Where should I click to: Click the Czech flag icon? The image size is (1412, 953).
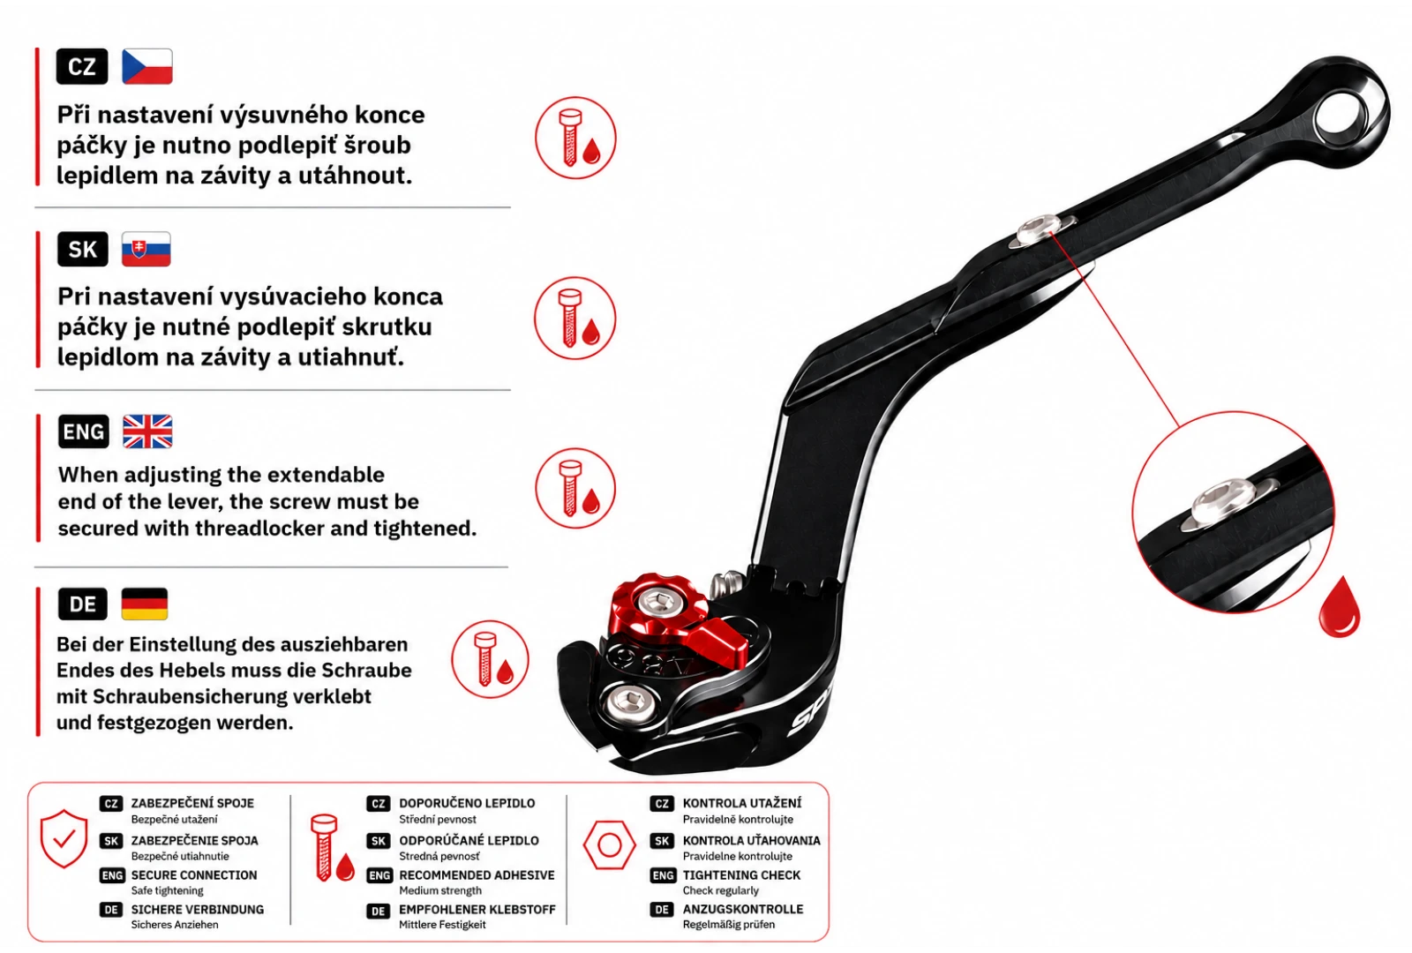coord(146,66)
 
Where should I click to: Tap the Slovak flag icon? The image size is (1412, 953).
coord(146,249)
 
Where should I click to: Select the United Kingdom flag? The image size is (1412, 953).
coord(147,431)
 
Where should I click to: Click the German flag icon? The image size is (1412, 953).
coord(145,604)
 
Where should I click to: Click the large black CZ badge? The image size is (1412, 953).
coord(82,66)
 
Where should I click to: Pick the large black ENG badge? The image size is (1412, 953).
coord(83,431)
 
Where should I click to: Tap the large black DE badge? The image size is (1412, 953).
coord(83,604)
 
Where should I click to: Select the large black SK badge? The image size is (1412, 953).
coord(83,249)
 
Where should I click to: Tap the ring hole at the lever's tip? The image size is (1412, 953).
coord(1341,114)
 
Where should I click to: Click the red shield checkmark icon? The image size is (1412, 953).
coord(64,838)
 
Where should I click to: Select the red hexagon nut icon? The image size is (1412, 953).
coord(609,844)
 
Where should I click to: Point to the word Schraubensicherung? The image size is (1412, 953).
coord(232,696)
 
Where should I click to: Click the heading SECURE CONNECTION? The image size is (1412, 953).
coord(194,874)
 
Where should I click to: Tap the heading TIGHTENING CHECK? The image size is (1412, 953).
coord(741,874)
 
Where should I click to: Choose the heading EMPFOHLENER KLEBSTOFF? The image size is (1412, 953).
coord(477,910)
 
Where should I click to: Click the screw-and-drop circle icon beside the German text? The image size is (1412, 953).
coord(490,659)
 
